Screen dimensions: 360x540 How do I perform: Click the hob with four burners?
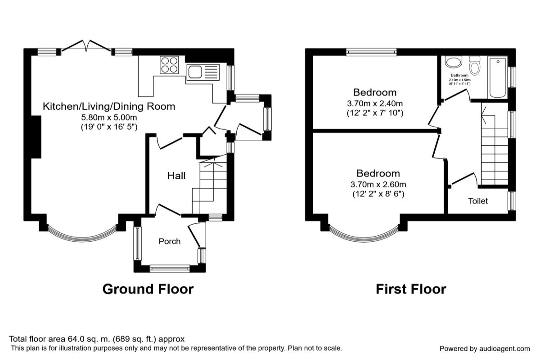click(170, 64)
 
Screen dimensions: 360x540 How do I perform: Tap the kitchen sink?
click(202, 72)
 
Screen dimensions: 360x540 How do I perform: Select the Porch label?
click(170, 242)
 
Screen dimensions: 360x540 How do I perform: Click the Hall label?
click(176, 176)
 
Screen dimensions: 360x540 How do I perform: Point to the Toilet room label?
click(478, 201)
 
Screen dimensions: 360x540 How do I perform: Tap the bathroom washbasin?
click(453, 62)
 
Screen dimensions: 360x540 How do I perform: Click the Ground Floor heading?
click(148, 289)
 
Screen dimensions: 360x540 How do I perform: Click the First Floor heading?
click(411, 289)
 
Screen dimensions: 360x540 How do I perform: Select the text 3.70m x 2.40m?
click(375, 103)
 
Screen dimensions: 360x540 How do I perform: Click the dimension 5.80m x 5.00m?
click(108, 117)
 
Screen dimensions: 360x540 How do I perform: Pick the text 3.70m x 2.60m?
click(378, 184)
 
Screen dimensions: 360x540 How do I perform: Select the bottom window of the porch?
click(170, 269)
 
